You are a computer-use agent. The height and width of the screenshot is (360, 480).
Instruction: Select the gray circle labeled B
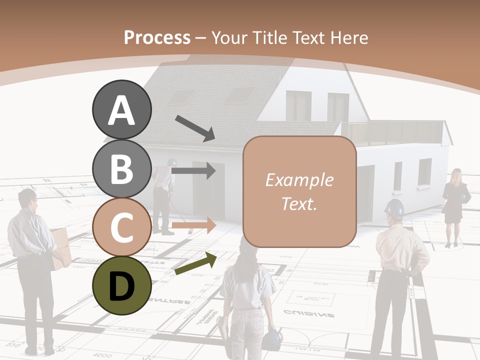pos(121,168)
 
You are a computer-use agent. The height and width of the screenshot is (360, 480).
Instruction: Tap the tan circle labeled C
pos(121,227)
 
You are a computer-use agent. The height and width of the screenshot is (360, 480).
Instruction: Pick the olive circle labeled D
pos(121,285)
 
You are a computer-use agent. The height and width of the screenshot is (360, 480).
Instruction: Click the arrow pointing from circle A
pos(194,128)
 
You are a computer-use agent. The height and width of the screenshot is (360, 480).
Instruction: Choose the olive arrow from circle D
pos(195,263)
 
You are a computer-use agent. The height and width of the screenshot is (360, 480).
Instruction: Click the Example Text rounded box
pos(299,191)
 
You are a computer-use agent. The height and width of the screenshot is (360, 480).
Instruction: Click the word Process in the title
pos(157,38)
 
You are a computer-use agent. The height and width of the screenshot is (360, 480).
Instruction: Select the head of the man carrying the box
pos(28,200)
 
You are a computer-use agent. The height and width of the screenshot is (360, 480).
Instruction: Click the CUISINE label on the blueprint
pos(308,314)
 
